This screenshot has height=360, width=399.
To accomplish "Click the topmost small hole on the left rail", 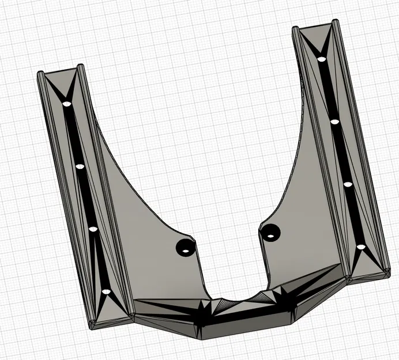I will tap(66, 104).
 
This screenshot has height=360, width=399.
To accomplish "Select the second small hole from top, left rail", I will tap(80, 166).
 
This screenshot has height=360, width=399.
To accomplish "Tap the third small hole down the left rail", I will tap(93, 229).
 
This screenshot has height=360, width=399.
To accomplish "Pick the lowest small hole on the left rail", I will tap(105, 293).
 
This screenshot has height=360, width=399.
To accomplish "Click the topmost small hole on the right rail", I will tap(321, 58).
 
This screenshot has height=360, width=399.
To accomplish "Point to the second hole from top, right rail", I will tap(334, 122).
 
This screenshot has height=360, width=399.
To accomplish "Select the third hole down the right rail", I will tap(348, 184).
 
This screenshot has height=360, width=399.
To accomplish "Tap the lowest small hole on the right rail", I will tap(360, 247).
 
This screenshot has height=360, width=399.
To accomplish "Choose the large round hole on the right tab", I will tap(270, 233).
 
